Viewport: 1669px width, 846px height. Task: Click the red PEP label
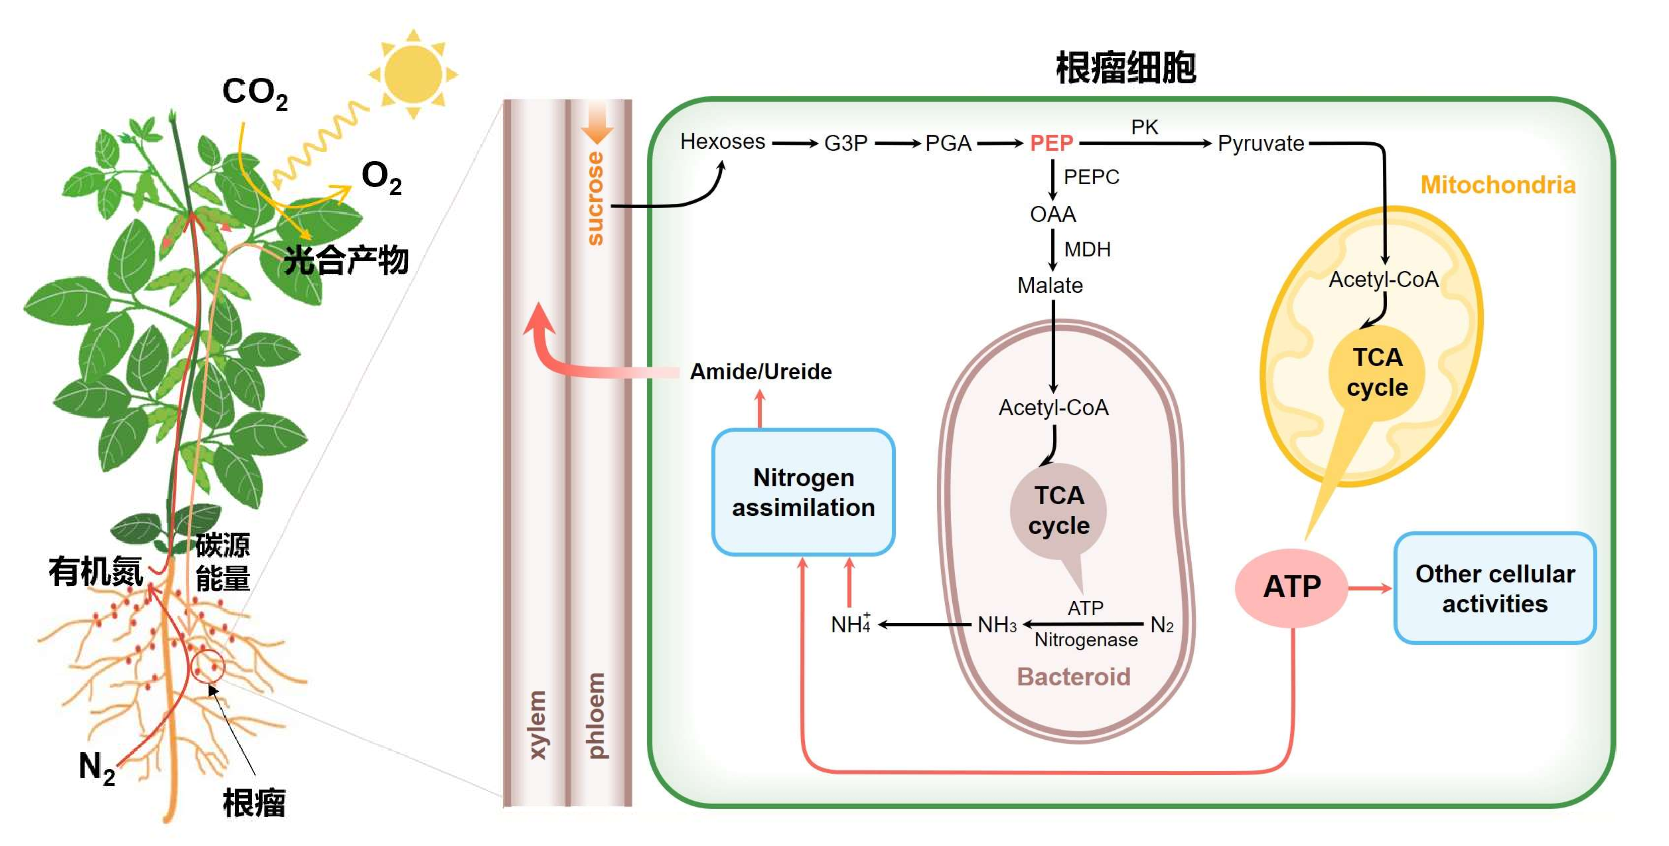(1051, 143)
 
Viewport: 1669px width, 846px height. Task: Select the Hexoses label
(722, 141)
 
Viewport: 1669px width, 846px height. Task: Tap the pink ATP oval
(1291, 587)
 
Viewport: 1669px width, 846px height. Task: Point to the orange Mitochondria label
(1497, 185)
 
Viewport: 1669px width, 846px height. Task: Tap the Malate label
(1050, 285)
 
